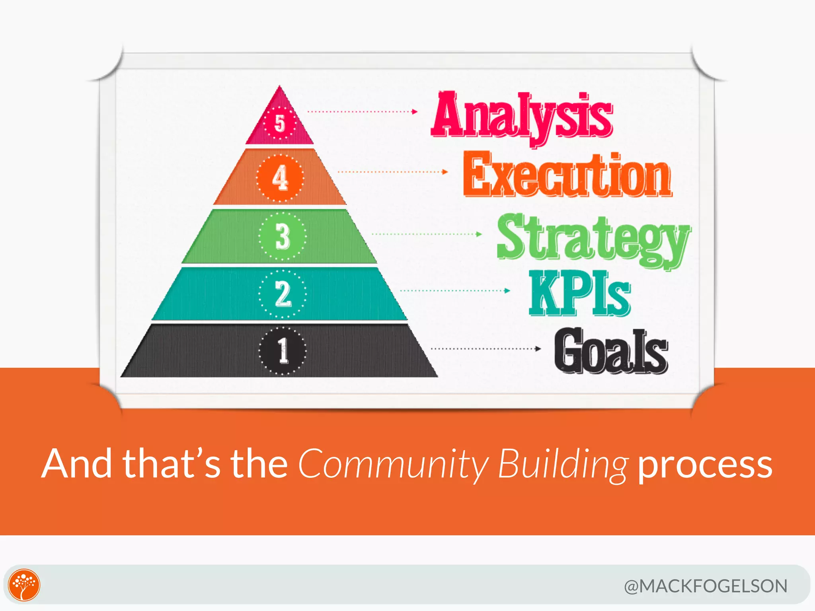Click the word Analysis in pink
click(x=522, y=115)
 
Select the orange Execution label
click(x=567, y=175)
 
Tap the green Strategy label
click(x=593, y=239)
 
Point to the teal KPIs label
click(x=579, y=294)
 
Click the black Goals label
click(x=611, y=351)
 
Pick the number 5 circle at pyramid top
click(x=280, y=123)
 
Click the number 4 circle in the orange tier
click(x=280, y=178)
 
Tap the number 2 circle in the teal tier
click(x=283, y=294)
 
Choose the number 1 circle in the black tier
click(x=283, y=351)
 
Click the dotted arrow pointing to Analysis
click(x=363, y=112)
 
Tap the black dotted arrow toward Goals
click(x=486, y=349)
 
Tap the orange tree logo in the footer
click(x=24, y=585)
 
